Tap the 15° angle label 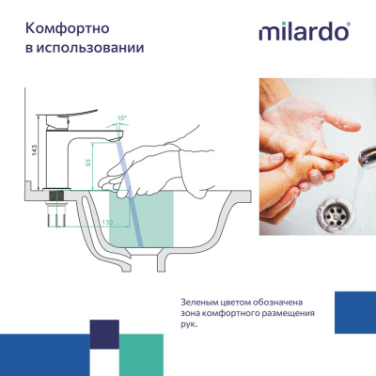121,119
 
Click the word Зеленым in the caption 202,300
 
